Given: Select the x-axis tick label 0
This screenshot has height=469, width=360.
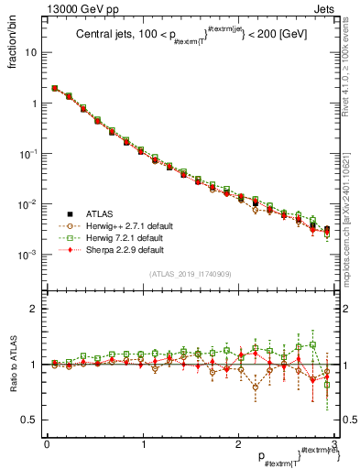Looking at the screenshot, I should pyautogui.click(x=46, y=444).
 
